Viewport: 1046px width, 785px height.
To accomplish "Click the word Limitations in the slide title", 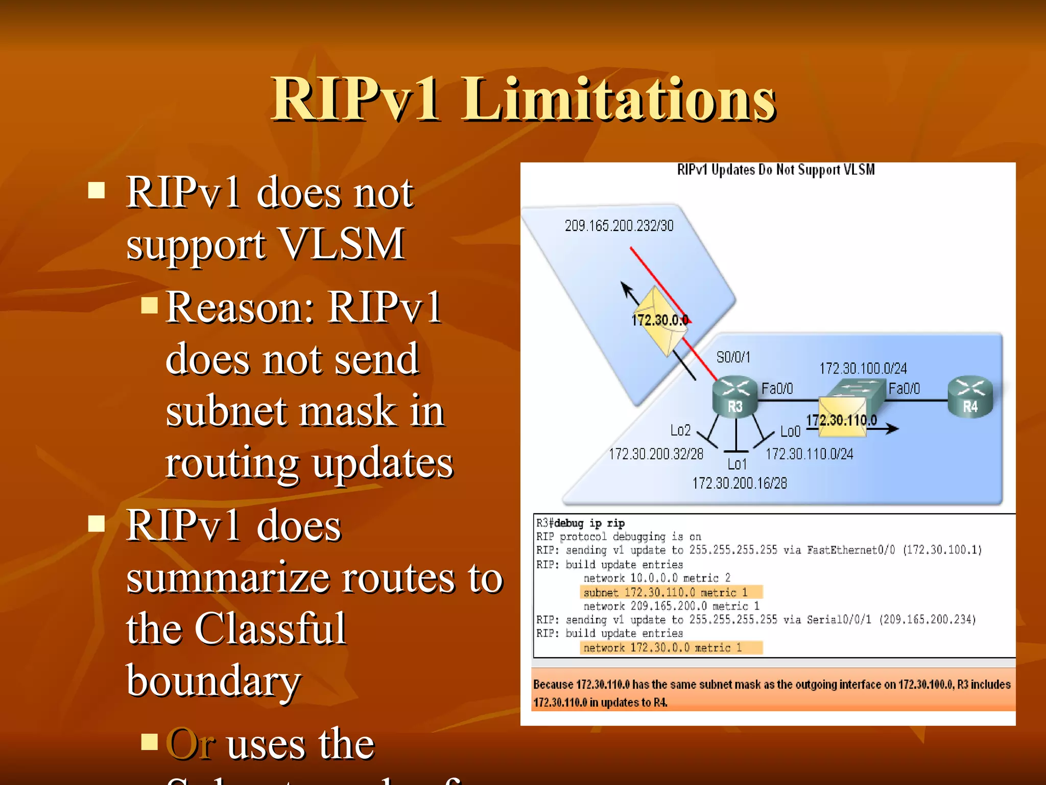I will pos(619,99).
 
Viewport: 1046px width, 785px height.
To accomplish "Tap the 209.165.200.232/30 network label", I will pos(619,226).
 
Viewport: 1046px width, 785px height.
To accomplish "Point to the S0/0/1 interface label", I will pos(733,357).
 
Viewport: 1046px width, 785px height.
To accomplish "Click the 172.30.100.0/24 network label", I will pos(863,368).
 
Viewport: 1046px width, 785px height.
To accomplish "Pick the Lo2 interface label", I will pos(680,430).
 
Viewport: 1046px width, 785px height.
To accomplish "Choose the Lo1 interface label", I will pos(737,464).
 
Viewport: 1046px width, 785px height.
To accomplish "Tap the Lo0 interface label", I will pos(790,432).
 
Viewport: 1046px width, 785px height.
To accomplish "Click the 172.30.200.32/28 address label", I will pos(656,454).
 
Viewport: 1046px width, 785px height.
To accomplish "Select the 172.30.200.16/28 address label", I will pos(740,483).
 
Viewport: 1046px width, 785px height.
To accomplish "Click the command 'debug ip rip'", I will pos(589,523).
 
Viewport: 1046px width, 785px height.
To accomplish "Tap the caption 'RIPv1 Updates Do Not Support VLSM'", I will pos(776,170).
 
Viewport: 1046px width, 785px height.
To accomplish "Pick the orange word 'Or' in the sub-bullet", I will pos(190,744).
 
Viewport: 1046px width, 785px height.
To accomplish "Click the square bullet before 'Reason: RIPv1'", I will pos(149,305).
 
